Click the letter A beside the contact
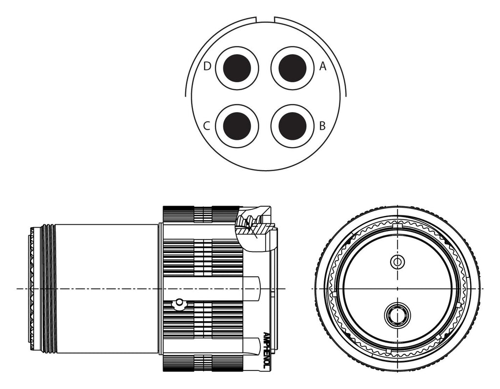tap(323, 66)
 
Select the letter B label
tap(322, 126)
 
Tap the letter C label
tap(207, 126)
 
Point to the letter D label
tap(207, 66)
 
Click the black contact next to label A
tap(292, 68)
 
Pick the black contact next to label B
tap(292, 126)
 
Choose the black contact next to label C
tap(237, 126)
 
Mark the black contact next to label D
tap(237, 68)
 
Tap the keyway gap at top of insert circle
tap(265, 19)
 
